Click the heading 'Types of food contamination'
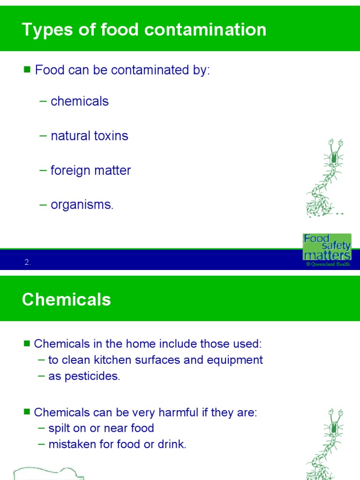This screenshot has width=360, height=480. (144, 30)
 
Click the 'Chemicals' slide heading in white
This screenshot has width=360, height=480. (66, 300)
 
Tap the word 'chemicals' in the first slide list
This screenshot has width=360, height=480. (79, 101)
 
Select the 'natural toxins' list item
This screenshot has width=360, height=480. (89, 136)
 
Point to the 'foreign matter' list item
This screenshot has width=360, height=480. (90, 170)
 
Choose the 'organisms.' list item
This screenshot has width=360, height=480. (82, 205)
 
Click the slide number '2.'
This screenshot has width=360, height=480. (28, 263)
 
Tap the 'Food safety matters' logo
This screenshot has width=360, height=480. (327, 247)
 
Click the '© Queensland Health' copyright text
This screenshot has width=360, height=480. (328, 264)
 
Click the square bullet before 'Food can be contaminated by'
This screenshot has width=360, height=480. (27, 70)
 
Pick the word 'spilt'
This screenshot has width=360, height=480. (60, 428)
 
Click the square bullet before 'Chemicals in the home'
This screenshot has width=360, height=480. (27, 344)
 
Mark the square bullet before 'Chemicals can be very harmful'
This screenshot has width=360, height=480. (27, 412)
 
